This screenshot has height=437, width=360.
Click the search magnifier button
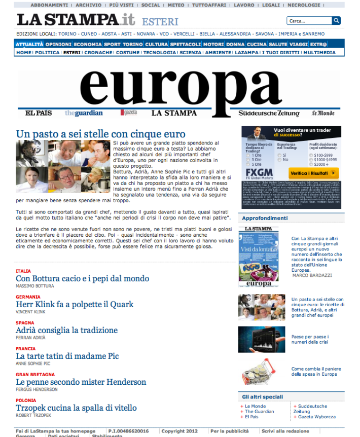point(336,21)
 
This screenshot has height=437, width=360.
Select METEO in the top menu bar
point(176,5)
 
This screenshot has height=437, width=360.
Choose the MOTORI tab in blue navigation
point(213,44)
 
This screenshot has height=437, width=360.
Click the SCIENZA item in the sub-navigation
point(190,52)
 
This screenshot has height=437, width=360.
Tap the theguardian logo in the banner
point(84,113)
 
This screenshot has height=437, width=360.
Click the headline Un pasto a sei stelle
point(101,135)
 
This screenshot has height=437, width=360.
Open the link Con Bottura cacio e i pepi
point(82,278)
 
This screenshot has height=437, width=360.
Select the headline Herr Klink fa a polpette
point(75,304)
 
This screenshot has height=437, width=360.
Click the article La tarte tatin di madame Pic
point(67,356)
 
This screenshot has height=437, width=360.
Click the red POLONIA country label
point(26,400)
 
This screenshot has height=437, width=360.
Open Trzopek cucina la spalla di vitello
point(76,408)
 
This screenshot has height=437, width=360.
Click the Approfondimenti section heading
point(265,218)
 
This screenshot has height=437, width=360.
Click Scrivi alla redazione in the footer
point(285,431)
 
